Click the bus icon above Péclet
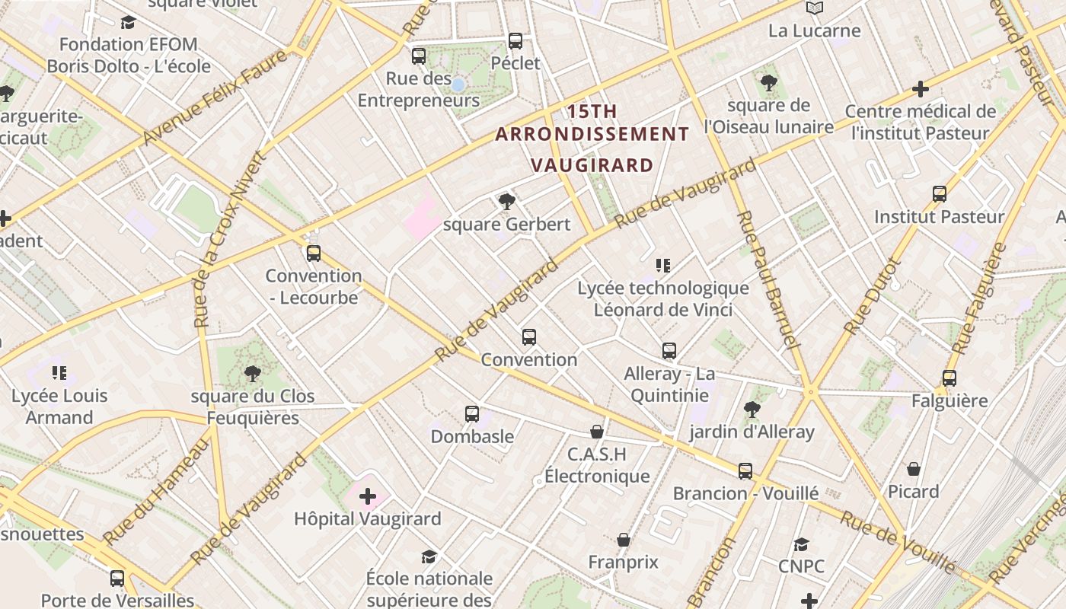[515, 40]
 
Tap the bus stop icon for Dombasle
[472, 414]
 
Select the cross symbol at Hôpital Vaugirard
[368, 497]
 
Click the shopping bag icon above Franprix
[624, 540]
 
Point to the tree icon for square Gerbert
[506, 202]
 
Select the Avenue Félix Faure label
[215, 97]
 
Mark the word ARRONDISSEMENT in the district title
[592, 135]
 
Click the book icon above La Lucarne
[815, 8]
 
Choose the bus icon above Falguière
[950, 378]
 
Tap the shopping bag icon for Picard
[914, 468]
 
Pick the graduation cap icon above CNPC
[801, 544]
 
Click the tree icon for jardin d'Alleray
[752, 410]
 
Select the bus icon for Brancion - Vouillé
[745, 470]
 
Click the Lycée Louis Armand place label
[59, 407]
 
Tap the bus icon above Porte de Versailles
[117, 578]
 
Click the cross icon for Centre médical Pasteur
[921, 89]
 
